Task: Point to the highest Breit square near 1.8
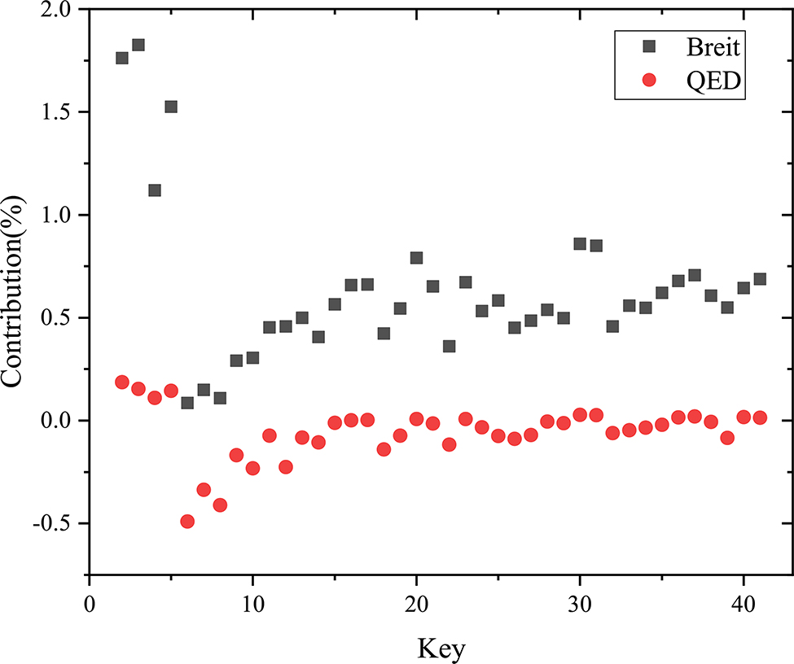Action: coord(138,45)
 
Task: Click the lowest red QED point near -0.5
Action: coord(187,522)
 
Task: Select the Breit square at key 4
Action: coord(155,190)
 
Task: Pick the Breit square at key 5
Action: coord(171,107)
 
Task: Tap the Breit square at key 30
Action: coord(580,244)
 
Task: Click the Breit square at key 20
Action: coord(416,258)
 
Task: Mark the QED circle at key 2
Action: coord(122,382)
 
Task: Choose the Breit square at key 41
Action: coord(760,279)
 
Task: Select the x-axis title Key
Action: coord(442,649)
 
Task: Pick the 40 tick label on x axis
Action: coord(744,605)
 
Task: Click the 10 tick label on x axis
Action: coord(252,605)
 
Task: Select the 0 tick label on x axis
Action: coord(90,605)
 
